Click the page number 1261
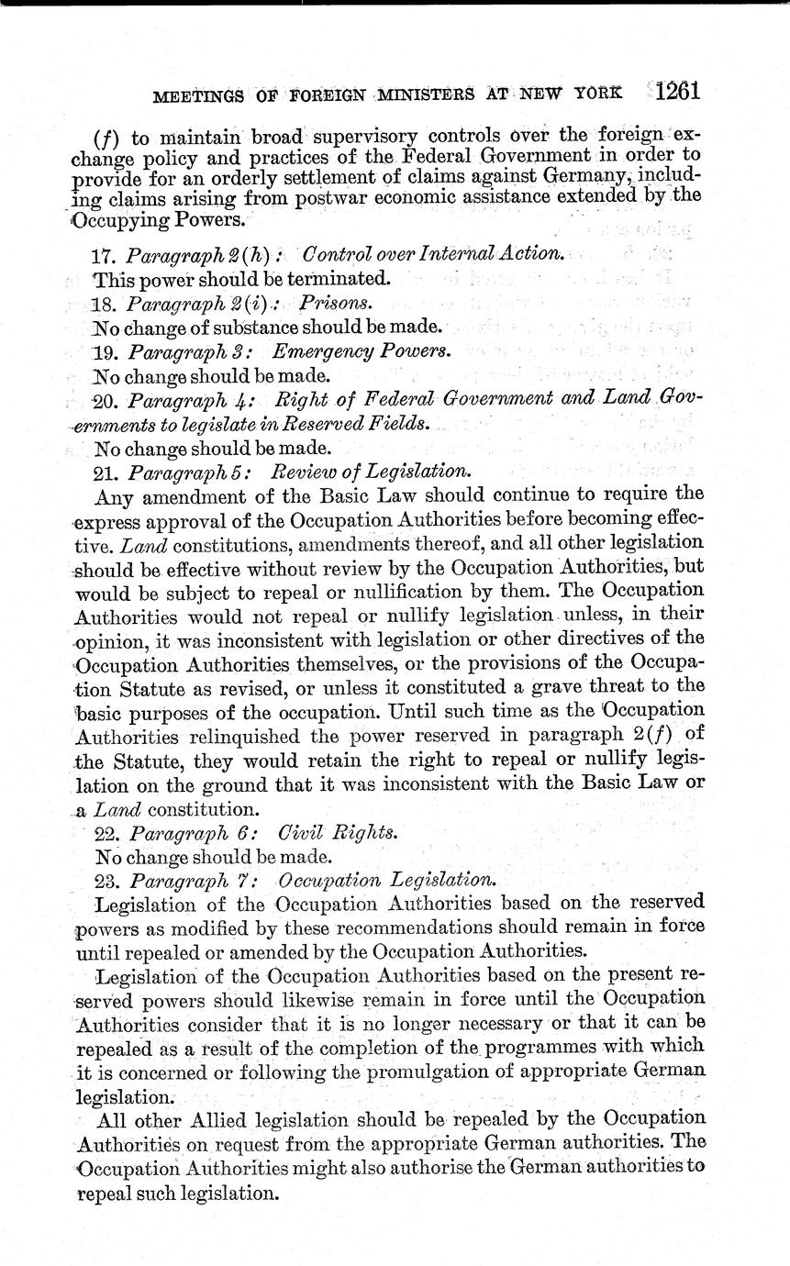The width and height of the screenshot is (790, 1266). click(x=679, y=92)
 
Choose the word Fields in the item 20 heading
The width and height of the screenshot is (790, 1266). click(x=400, y=424)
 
